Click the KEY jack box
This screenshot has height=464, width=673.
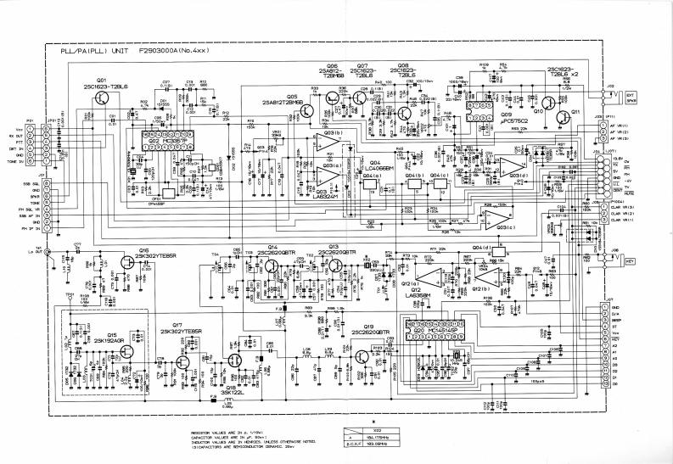point(629,261)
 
